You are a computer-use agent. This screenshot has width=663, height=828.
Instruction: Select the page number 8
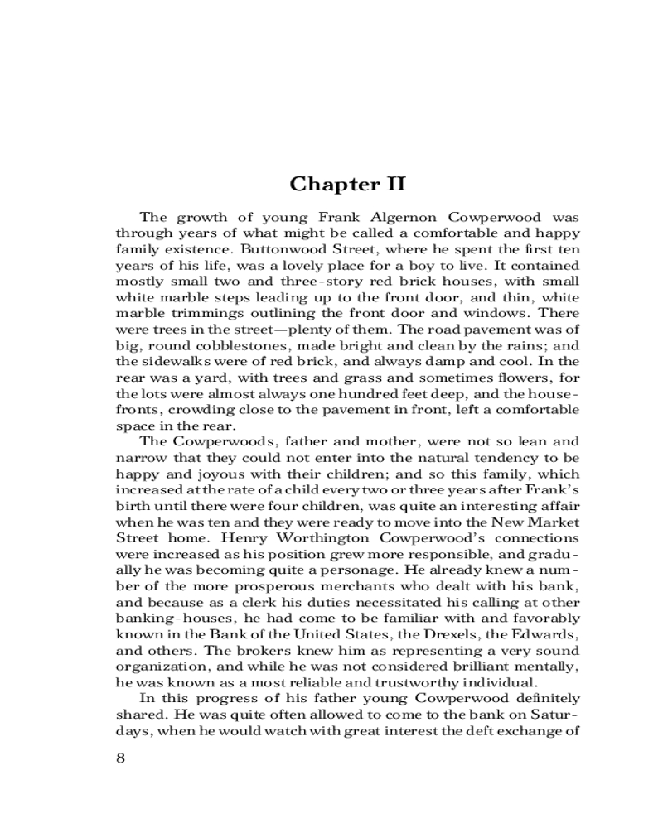[120, 758]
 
